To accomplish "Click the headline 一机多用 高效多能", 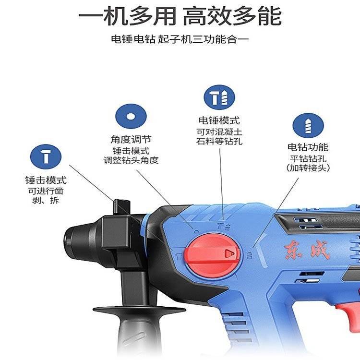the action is point(180,16).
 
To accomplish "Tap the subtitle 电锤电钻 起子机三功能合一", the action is point(180,39).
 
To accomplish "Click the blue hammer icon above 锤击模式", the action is point(46,157).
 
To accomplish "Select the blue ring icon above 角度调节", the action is point(131,117).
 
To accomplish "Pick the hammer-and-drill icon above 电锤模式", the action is point(219,97).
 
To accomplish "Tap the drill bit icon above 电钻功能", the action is point(308,126).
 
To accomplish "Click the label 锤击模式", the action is point(46,180).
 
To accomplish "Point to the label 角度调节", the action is point(131,139).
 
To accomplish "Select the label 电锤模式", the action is point(219,120).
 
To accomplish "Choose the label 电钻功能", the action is point(308,147).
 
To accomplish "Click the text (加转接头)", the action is point(308,168).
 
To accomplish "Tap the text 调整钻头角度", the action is point(131,160).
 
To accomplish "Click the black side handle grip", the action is point(138,331).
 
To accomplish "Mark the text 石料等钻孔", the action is point(219,141).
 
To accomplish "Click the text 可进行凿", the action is point(46,191).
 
